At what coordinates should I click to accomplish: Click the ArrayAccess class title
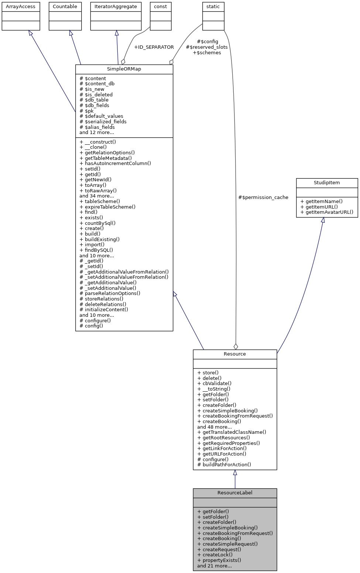click(21, 7)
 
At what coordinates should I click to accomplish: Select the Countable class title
click(65, 7)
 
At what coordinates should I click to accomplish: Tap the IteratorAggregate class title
click(116, 7)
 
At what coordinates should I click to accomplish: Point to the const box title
click(160, 7)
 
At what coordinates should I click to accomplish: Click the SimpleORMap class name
click(124, 69)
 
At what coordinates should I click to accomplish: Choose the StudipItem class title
click(327, 183)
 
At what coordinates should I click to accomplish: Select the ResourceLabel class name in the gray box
click(235, 493)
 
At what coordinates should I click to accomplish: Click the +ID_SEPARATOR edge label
click(154, 47)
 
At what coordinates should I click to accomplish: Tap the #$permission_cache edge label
click(263, 198)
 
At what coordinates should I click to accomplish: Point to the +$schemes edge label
click(207, 53)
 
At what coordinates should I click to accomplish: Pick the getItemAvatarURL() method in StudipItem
click(327, 212)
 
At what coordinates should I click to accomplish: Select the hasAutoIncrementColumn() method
click(115, 164)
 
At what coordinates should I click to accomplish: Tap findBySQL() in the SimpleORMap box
click(96, 250)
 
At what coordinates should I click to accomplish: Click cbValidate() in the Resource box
click(215, 384)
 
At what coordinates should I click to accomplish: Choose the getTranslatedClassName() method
click(232, 432)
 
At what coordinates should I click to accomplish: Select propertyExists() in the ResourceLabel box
click(219, 560)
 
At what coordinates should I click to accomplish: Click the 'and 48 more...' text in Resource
click(215, 427)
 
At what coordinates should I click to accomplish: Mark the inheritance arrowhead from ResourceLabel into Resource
click(235, 473)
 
